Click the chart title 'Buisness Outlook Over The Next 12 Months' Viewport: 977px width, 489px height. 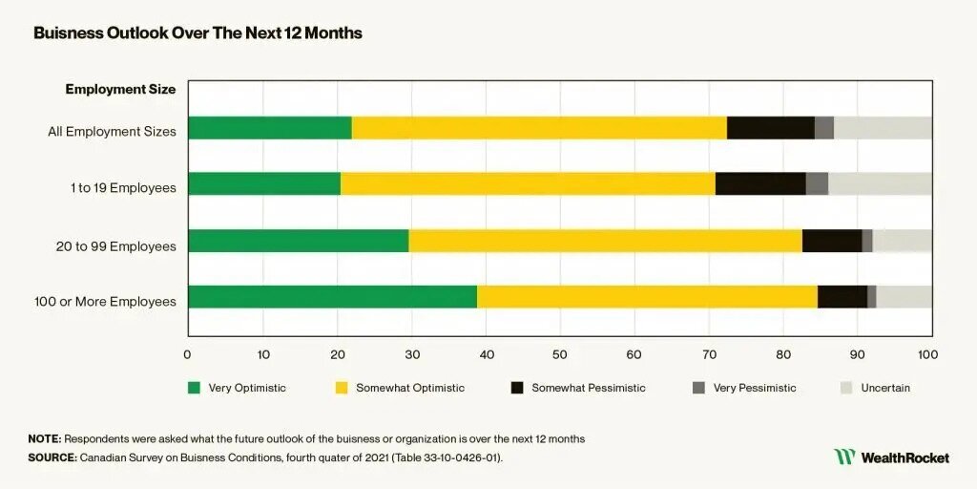(197, 32)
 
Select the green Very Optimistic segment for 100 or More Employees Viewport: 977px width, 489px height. (332, 297)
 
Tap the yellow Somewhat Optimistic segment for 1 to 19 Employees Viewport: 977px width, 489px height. (528, 184)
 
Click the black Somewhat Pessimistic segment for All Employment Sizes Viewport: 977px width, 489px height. (770, 128)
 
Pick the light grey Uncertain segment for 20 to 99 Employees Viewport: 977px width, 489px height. (902, 241)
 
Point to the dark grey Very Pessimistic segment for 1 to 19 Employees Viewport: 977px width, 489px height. (817, 184)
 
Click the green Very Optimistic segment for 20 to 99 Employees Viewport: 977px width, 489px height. (298, 241)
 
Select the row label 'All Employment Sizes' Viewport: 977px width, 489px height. (112, 132)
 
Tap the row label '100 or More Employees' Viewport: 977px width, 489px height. (105, 302)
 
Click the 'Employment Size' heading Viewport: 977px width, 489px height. (120, 90)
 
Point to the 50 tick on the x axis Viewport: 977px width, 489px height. (560, 354)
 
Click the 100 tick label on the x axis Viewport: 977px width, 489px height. (926, 354)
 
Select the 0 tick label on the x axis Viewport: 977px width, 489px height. (188, 354)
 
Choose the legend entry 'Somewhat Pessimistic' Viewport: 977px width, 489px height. (588, 388)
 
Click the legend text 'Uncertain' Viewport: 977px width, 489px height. (884, 388)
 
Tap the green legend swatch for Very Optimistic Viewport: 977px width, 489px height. (195, 388)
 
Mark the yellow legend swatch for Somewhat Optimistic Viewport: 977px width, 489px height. (342, 388)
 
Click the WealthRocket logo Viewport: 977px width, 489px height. (891, 457)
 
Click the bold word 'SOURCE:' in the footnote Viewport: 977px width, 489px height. (52, 457)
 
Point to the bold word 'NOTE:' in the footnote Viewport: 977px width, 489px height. (45, 438)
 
